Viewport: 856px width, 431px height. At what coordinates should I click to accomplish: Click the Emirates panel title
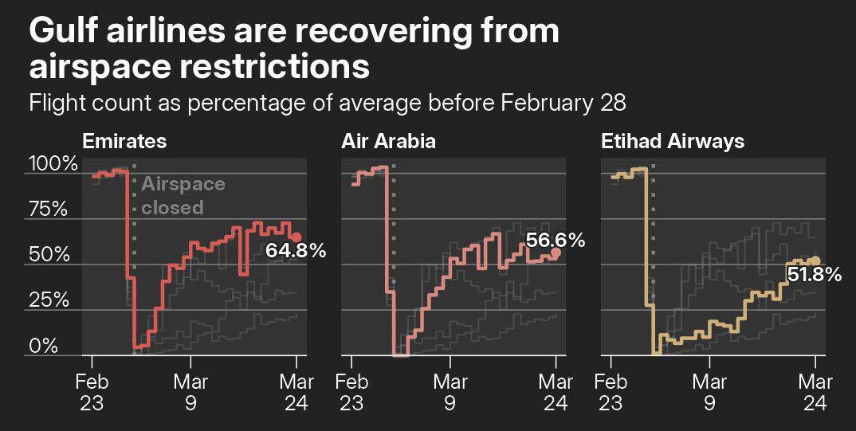click(x=124, y=142)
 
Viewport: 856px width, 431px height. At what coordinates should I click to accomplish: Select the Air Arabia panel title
click(x=388, y=142)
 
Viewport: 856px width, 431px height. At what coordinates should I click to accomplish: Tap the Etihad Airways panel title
click(x=672, y=142)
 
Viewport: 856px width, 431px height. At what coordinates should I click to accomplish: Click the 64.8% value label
click(x=296, y=251)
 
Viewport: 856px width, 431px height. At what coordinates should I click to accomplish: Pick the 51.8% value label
click(x=814, y=275)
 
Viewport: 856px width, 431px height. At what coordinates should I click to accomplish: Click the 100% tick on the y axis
click(x=53, y=165)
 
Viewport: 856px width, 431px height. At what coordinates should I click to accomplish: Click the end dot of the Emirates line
click(x=296, y=237)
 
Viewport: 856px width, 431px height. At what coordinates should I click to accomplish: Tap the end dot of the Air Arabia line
click(x=556, y=253)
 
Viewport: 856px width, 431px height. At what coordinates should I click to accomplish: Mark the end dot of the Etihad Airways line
click(x=815, y=261)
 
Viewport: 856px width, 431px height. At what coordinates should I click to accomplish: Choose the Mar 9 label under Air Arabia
click(x=450, y=392)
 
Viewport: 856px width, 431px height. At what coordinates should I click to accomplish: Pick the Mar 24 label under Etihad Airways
click(x=815, y=392)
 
